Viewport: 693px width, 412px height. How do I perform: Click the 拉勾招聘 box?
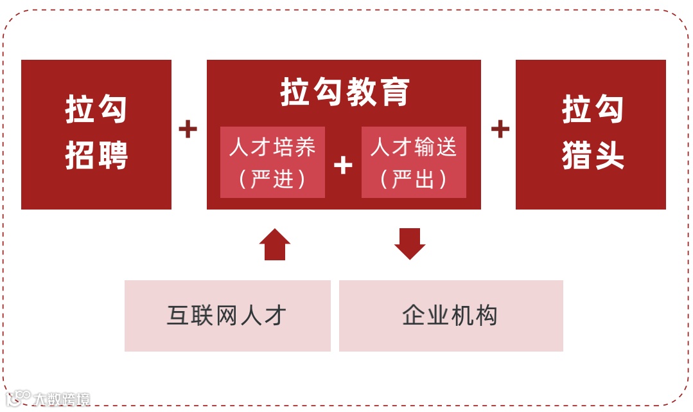click(x=96, y=134)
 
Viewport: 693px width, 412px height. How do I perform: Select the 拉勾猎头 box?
click(x=590, y=134)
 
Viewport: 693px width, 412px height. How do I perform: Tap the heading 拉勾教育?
click(x=344, y=93)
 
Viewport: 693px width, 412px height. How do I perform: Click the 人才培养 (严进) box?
click(x=272, y=162)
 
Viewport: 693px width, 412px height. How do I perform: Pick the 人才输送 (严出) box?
click(x=414, y=162)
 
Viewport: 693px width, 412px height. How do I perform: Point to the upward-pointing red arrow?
click(x=275, y=244)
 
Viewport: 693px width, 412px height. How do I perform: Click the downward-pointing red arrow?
click(x=410, y=244)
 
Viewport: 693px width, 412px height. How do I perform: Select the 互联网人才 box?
click(x=227, y=316)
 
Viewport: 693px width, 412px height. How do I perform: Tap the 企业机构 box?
click(x=451, y=316)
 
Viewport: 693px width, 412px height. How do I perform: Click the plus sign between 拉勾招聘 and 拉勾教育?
click(x=188, y=130)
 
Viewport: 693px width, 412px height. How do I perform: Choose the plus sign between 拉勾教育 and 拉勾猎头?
click(x=500, y=130)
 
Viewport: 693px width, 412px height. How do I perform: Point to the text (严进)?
click(x=272, y=179)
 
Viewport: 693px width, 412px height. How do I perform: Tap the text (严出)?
click(x=414, y=179)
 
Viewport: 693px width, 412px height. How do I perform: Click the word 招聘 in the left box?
click(x=96, y=156)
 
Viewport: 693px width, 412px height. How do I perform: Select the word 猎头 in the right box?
click(x=593, y=156)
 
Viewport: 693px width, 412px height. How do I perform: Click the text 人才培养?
click(x=272, y=147)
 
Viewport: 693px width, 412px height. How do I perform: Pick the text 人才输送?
click(x=414, y=147)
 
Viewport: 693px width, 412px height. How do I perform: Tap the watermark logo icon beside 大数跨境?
click(x=19, y=398)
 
